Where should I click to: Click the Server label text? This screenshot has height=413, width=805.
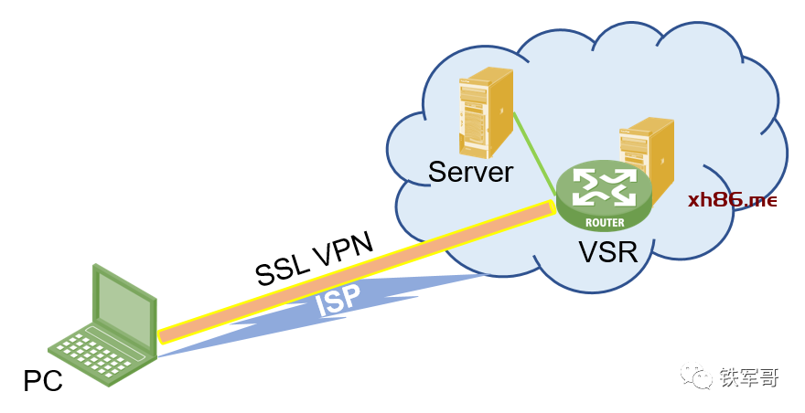pyautogui.click(x=471, y=172)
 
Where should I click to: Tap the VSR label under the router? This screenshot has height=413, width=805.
pyautogui.click(x=606, y=249)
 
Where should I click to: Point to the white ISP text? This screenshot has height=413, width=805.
pyautogui.click(x=338, y=301)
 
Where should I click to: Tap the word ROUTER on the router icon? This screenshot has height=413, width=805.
pyautogui.click(x=604, y=222)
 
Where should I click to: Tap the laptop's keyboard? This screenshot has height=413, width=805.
pyautogui.click(x=91, y=352)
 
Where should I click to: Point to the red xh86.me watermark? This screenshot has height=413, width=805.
pyautogui.click(x=732, y=199)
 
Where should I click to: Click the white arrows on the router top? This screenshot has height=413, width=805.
pyautogui.click(x=605, y=186)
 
